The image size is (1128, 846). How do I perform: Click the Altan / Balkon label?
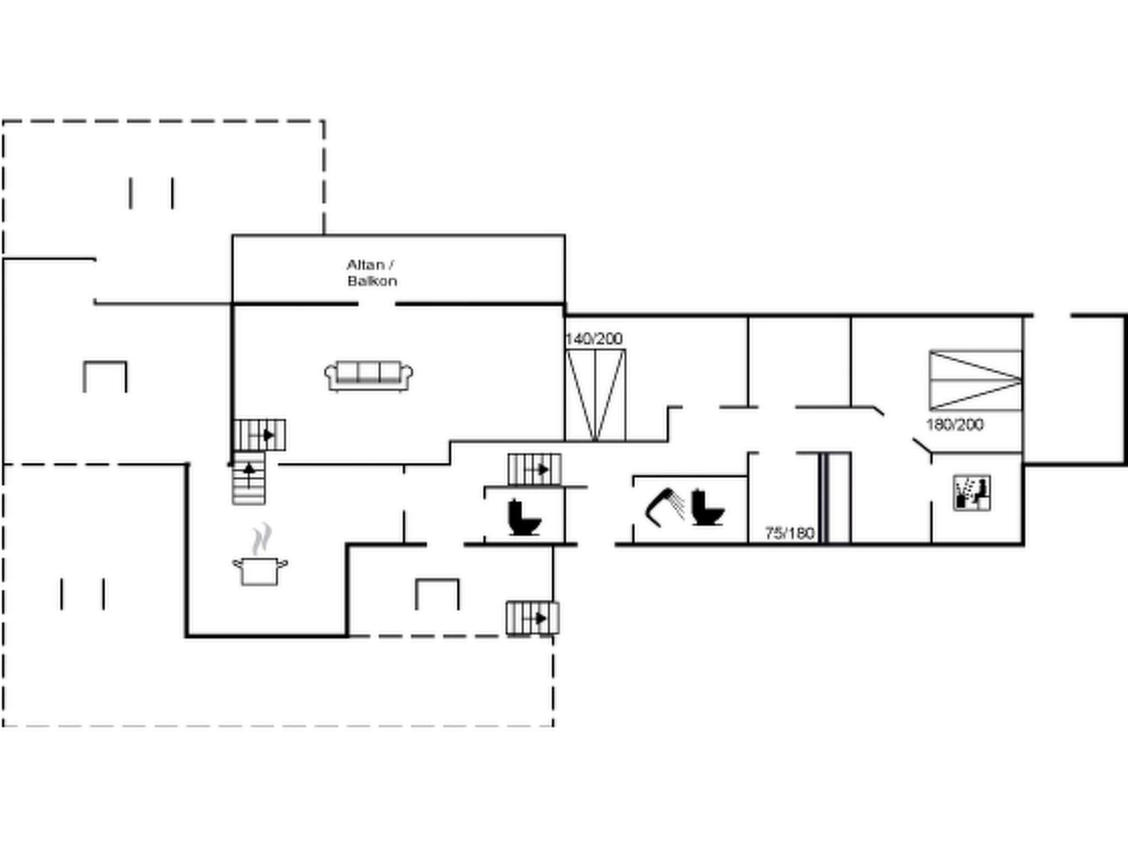(x=372, y=273)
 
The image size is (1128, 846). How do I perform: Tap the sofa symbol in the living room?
(x=369, y=376)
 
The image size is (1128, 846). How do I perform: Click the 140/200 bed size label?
(x=594, y=339)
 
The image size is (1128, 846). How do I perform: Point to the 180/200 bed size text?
(x=955, y=425)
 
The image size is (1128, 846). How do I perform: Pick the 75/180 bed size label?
(x=789, y=533)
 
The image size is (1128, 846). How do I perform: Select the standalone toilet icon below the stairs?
(x=524, y=518)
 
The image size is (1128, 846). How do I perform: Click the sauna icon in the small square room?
(x=972, y=493)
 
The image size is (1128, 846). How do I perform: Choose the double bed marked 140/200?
(x=595, y=395)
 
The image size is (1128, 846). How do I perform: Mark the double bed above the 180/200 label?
(x=975, y=380)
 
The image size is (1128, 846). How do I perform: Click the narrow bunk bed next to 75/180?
(x=835, y=497)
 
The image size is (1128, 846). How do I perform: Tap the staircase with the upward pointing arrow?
(x=249, y=478)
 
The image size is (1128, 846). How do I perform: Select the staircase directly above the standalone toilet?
(x=534, y=469)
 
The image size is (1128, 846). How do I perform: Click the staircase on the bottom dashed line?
(x=533, y=618)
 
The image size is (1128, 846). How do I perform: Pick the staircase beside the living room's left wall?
(x=259, y=435)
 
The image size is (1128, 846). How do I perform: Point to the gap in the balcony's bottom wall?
(x=377, y=303)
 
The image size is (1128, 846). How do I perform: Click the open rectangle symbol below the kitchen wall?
(x=437, y=594)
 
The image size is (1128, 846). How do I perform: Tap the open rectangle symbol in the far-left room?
(x=105, y=376)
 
